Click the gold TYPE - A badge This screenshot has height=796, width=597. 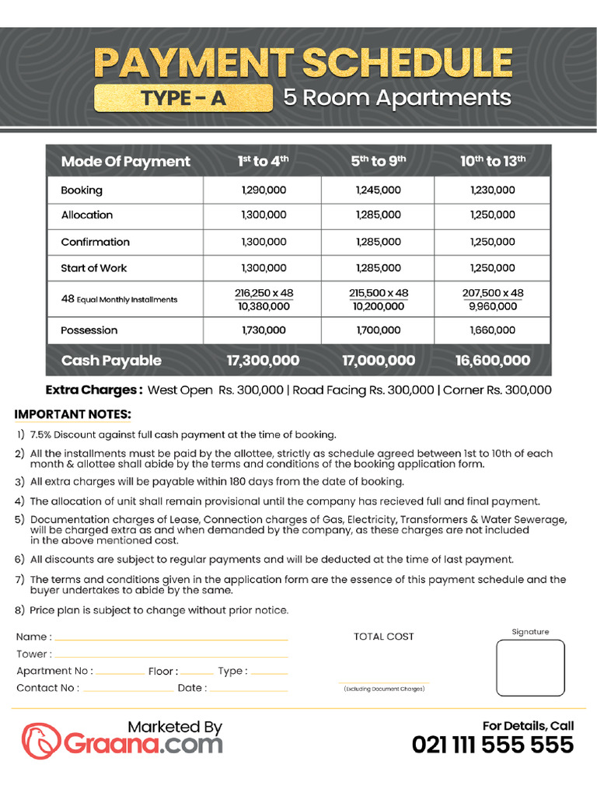(183, 98)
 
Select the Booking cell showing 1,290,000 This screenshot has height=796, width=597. (264, 190)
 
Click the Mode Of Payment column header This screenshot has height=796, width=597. (125, 161)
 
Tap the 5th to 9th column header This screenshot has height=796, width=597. (379, 161)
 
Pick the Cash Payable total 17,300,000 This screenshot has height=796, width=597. (264, 361)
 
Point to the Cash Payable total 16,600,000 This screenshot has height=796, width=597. (493, 361)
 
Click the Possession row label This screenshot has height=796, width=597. (89, 330)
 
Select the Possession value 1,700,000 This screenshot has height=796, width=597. (379, 330)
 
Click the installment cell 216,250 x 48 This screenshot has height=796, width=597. (264, 293)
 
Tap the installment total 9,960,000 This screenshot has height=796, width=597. (493, 306)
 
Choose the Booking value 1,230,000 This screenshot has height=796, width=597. (493, 190)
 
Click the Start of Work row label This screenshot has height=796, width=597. (94, 268)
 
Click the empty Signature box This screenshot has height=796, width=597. (531, 668)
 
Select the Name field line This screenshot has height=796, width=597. (171, 638)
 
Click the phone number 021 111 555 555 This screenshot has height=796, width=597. (493, 745)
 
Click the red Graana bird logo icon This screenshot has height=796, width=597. (40, 741)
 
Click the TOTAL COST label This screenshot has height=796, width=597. (384, 637)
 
